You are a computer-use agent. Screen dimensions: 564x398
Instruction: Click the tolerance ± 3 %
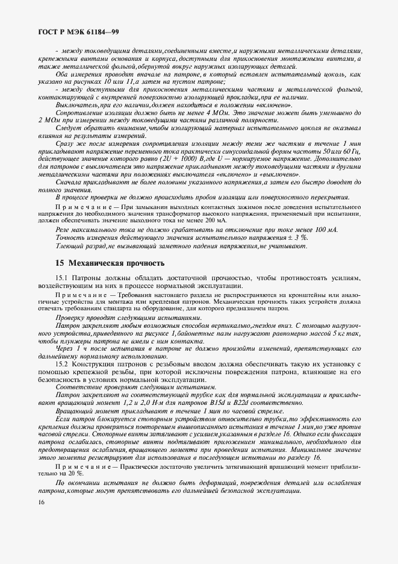coord(297,238)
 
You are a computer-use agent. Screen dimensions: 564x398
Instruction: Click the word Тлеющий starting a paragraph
coord(70,246)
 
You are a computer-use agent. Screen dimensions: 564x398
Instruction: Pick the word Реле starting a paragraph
coord(64,230)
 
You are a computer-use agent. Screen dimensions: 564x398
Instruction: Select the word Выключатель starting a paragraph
coord(77,105)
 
